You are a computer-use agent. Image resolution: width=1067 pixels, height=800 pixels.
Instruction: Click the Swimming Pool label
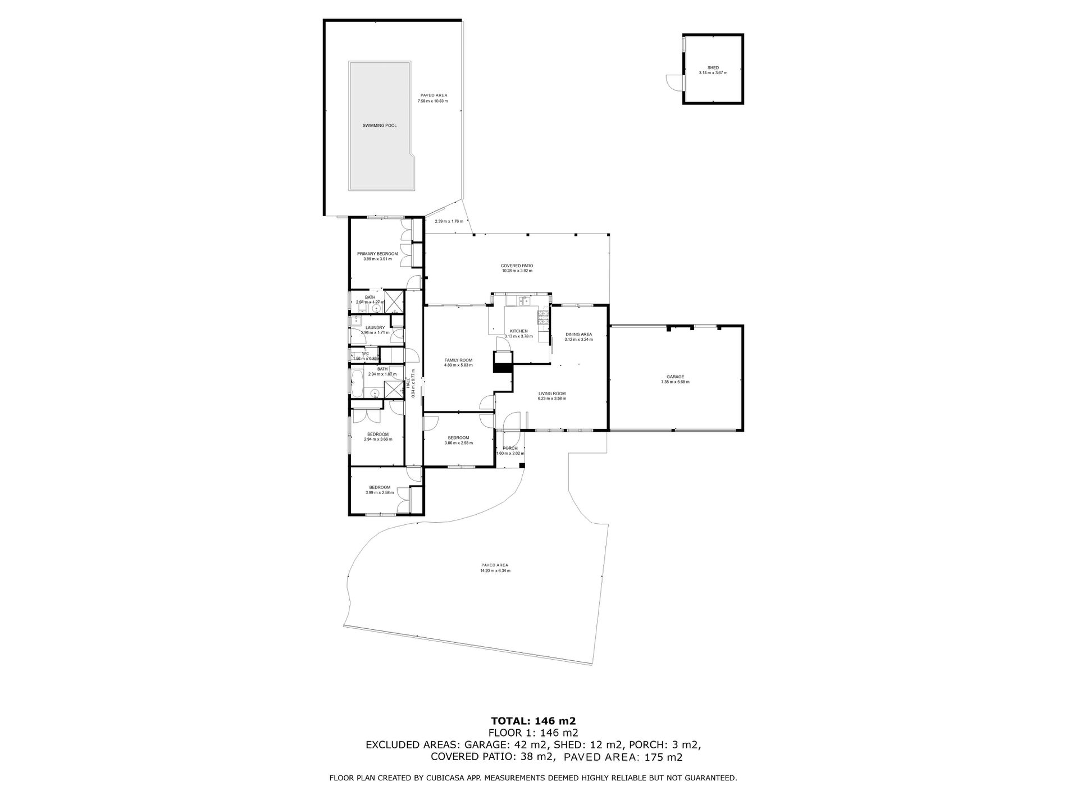pyautogui.click(x=380, y=126)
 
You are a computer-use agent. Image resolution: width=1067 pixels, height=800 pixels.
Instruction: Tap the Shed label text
pyautogui.click(x=713, y=68)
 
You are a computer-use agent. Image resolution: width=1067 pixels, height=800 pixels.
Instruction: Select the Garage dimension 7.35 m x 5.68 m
pyautogui.click(x=675, y=382)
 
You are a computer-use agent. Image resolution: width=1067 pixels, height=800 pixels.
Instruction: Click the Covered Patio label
pyautogui.click(x=517, y=266)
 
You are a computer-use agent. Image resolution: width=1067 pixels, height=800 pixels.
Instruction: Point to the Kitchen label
pyautogui.click(x=518, y=331)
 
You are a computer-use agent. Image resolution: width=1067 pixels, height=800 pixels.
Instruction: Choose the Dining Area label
pyautogui.click(x=578, y=335)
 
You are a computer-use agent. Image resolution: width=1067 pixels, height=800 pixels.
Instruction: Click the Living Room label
pyautogui.click(x=551, y=394)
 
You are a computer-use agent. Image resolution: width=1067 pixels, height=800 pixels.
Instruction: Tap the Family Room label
pyautogui.click(x=458, y=360)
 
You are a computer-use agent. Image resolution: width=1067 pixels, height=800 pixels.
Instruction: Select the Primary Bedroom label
pyautogui.click(x=377, y=254)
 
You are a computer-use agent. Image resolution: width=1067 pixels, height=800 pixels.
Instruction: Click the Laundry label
pyautogui.click(x=375, y=328)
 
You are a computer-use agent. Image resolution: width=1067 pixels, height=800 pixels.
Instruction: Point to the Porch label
pyautogui.click(x=510, y=448)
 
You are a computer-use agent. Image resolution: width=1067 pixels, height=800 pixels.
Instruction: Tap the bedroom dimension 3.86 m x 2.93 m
pyautogui.click(x=458, y=443)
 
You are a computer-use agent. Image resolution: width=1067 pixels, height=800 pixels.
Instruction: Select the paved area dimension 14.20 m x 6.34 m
pyautogui.click(x=495, y=570)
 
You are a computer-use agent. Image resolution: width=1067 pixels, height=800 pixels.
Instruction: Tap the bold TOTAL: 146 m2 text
pyautogui.click(x=533, y=721)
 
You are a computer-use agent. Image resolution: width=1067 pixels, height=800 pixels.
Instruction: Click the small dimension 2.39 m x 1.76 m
pyautogui.click(x=449, y=221)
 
